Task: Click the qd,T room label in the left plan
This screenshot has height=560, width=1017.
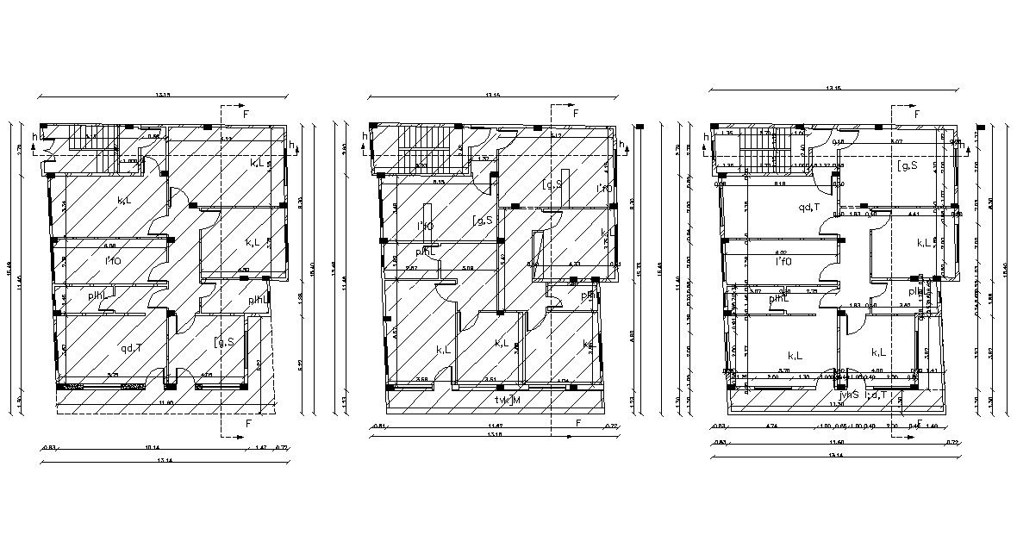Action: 131,347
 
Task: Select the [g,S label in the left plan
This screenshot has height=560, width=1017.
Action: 224,343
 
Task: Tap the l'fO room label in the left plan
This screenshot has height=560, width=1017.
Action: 113,259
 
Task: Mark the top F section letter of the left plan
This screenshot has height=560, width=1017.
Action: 246,114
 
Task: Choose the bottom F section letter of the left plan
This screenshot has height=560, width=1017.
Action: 248,424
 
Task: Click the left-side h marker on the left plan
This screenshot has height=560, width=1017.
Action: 35,136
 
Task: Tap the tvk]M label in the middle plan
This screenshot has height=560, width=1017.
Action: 508,400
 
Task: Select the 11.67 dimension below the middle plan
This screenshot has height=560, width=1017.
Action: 496,426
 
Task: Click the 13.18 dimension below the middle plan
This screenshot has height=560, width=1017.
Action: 494,434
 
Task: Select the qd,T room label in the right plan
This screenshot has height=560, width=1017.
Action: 808,207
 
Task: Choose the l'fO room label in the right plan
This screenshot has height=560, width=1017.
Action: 783,261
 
